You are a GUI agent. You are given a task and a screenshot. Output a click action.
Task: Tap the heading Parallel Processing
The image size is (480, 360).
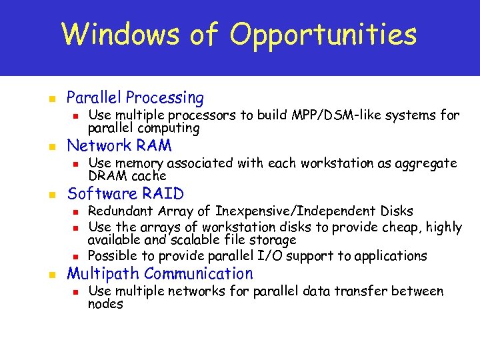(x=135, y=97)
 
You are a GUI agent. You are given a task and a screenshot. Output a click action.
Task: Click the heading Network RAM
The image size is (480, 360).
(x=119, y=145)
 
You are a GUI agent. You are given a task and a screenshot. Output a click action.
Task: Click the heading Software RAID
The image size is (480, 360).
(x=125, y=194)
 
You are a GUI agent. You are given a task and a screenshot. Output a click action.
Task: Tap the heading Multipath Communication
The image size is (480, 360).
(x=160, y=273)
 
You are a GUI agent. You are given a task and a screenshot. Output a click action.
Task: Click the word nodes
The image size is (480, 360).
(x=105, y=304)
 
